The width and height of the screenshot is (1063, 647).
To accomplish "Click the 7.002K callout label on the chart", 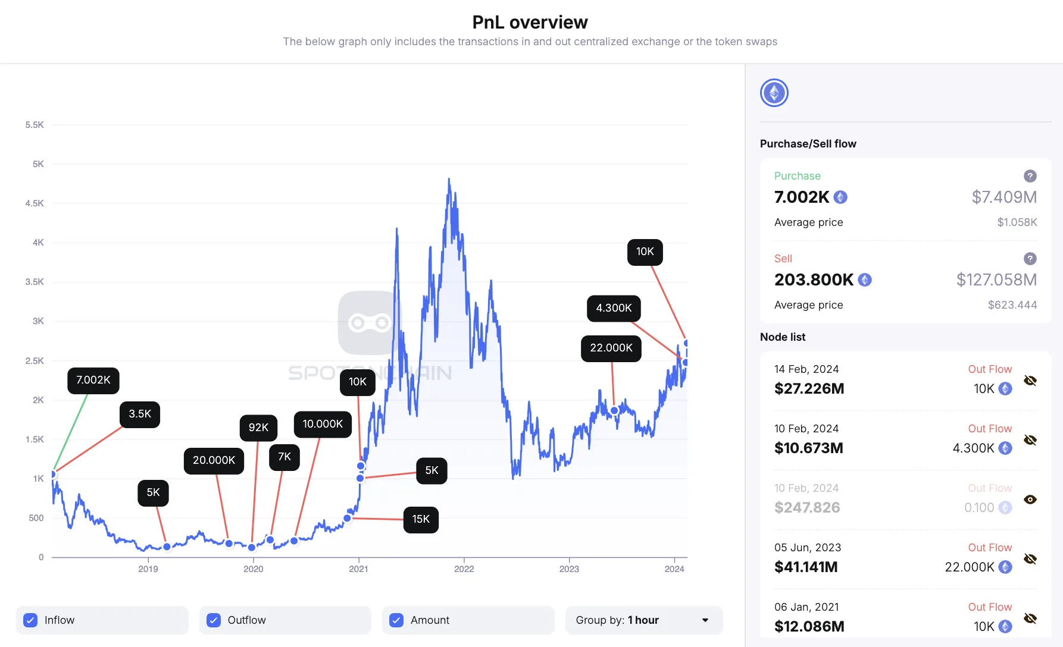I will tap(93, 381).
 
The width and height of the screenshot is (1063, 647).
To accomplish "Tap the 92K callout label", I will tap(258, 428).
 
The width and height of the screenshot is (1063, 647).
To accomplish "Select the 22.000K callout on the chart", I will tap(611, 348).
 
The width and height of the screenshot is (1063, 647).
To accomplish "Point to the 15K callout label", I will tap(421, 519).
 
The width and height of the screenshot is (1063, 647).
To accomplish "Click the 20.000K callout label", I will tap(214, 460).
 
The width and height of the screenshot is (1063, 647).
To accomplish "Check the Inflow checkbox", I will tap(30, 620).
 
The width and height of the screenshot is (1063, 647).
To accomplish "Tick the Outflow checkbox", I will tap(214, 620).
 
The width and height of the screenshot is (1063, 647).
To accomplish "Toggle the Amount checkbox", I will tap(396, 620).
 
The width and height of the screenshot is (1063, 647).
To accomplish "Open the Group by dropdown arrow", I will tap(705, 620).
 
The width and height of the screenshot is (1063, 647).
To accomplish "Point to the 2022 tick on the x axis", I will tap(464, 569).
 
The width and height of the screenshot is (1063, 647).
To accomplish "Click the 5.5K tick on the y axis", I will tap(35, 125).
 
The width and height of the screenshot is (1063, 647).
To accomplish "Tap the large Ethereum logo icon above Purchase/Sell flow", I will tap(774, 93).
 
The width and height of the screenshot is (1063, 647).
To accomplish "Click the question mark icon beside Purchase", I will tap(1030, 176).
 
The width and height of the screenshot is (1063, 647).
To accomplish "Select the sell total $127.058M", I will tap(996, 279).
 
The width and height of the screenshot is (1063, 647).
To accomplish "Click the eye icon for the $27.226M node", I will tap(1030, 381).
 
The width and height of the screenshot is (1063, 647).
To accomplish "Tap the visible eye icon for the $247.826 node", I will tap(1030, 500).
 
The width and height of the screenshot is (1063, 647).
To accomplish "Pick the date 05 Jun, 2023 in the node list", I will tap(808, 548).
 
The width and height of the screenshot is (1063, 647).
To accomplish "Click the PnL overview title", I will tap(530, 22).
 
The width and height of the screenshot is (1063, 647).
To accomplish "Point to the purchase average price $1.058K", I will tap(1017, 222).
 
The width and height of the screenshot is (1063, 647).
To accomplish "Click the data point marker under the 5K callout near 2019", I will tap(167, 547).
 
